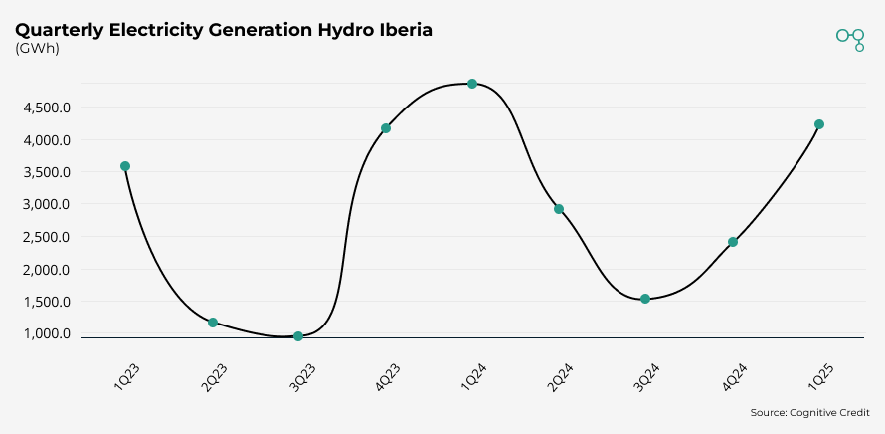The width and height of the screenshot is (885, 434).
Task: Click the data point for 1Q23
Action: point(125,166)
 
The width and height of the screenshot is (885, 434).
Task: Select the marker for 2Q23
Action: point(213,323)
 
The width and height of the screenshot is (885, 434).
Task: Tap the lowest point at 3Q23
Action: point(298,336)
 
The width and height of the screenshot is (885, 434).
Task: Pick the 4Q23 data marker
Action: point(386,128)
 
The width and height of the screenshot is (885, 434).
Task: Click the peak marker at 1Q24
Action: point(472,84)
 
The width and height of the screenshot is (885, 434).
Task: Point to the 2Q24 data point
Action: point(559,209)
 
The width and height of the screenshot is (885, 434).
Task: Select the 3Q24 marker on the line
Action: point(645,299)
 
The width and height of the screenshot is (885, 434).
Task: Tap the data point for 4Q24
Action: point(733,242)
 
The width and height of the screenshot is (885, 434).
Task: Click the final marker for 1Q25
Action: point(819,124)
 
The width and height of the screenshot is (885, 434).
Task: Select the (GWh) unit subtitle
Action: point(37,49)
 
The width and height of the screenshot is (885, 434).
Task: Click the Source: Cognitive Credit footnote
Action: point(809,412)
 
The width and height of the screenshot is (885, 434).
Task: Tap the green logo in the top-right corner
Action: point(850,38)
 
